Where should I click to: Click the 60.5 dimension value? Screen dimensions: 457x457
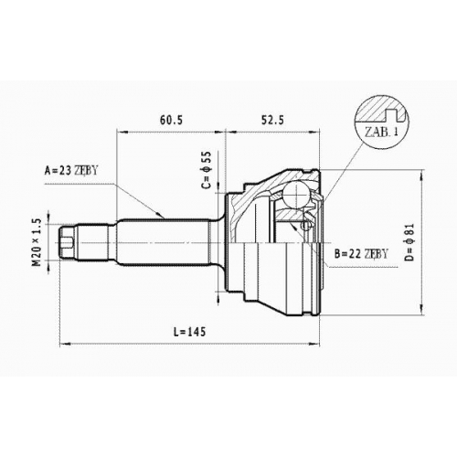tap(171, 120)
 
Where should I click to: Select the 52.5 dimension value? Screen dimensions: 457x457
tap(272, 120)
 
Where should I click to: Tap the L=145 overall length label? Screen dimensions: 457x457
tap(189, 332)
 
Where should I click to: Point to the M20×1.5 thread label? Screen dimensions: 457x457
tap(37, 242)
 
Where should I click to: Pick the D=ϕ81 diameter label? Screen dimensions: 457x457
tap(410, 242)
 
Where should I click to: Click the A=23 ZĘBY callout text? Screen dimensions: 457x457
tap(71, 171)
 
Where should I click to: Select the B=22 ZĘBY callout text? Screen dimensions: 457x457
tap(361, 253)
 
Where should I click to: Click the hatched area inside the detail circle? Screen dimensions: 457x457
tap(370, 110)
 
